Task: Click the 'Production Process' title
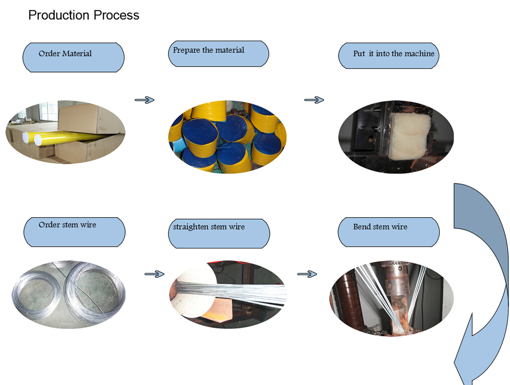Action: pos(84,15)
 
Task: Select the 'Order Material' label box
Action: pos(73,57)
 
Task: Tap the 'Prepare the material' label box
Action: pos(218,54)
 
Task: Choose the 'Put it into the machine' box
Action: pos(389,56)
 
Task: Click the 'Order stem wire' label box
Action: pos(74,232)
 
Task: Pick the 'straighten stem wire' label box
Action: pos(219,234)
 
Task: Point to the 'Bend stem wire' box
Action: pos(389,232)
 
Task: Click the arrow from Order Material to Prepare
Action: pos(144,100)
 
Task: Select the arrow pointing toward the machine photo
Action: pos(314,100)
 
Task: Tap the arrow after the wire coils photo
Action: pos(155,274)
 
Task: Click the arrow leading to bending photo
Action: pos(307,274)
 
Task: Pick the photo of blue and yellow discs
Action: pos(227,136)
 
